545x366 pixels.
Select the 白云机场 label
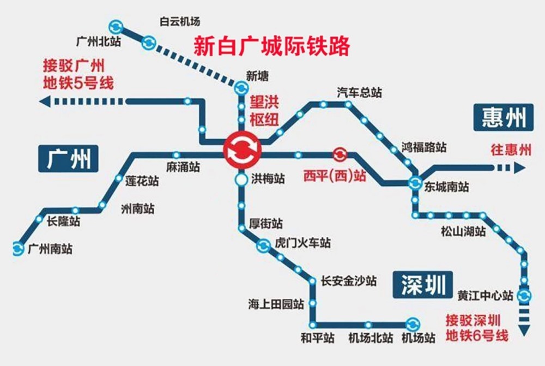click(x=180, y=22)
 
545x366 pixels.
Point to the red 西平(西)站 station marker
click(x=339, y=155)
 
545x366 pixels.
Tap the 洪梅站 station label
click(x=268, y=179)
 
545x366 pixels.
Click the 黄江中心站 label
click(x=485, y=296)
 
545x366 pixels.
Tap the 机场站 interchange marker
click(x=412, y=323)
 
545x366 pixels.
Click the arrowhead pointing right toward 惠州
click(x=519, y=168)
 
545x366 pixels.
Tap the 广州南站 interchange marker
click(x=19, y=249)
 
